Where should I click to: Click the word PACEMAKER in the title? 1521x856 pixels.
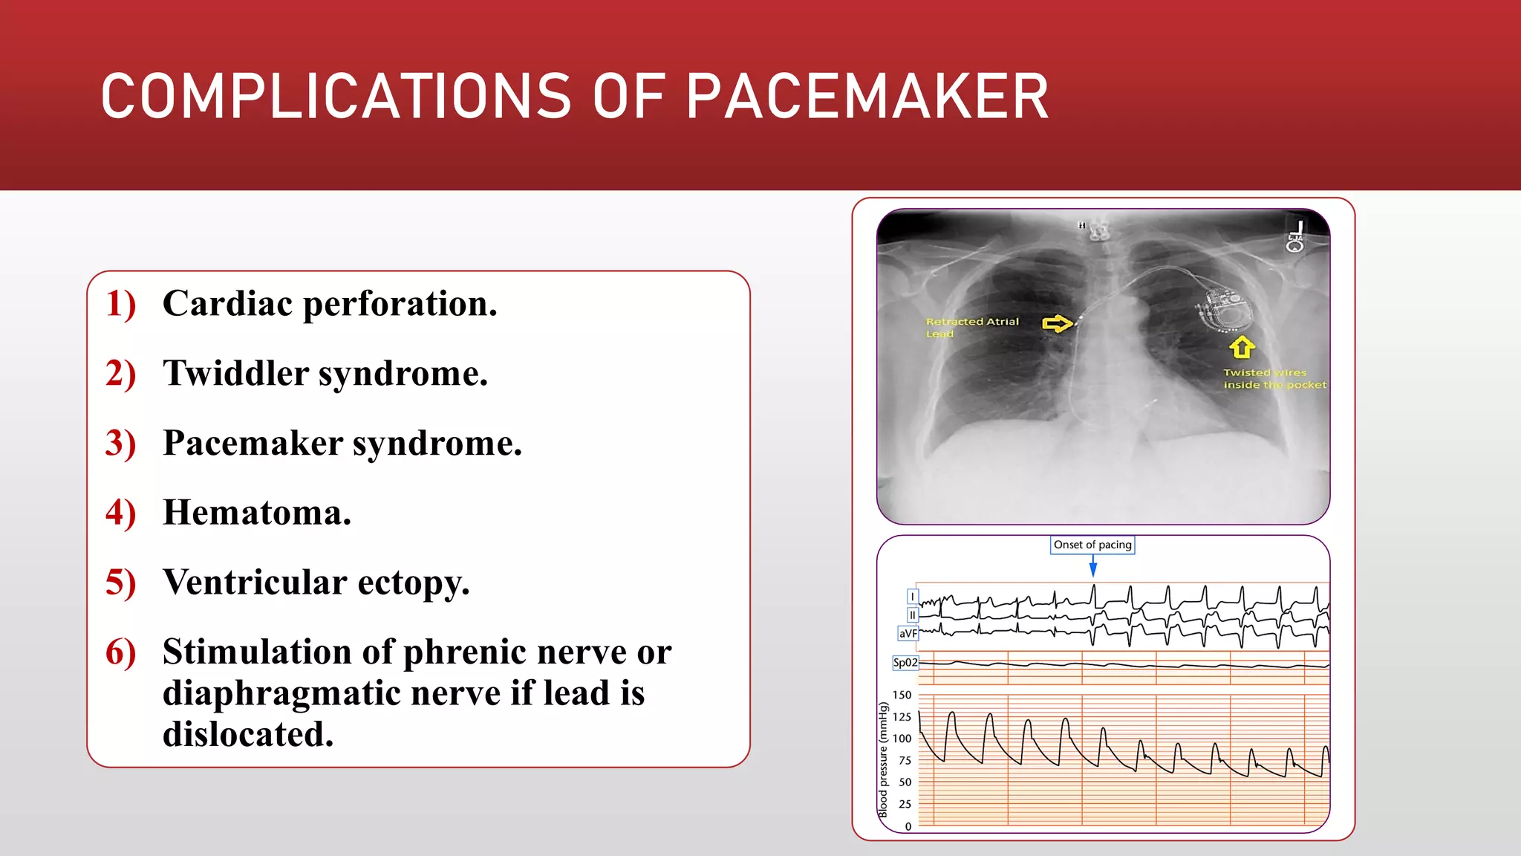pos(867,97)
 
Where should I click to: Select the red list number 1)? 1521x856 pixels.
pos(121,304)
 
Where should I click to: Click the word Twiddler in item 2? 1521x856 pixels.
pos(235,373)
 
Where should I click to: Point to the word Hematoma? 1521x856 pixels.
pos(256,513)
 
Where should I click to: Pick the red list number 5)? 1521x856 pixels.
pos(121,583)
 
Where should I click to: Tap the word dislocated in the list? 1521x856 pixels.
pos(248,734)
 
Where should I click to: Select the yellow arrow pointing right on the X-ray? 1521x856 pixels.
pos(1058,323)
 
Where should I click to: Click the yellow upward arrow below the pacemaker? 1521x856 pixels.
pos(1242,347)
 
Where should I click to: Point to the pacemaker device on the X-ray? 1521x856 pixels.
pos(1225,311)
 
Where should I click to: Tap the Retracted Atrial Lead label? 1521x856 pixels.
pos(971,327)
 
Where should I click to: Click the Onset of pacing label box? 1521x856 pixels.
pos(1092,545)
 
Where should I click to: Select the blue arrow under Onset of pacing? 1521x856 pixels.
pos(1093,568)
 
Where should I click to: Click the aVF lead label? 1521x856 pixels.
pos(908,634)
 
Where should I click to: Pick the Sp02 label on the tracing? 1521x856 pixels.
pos(905,663)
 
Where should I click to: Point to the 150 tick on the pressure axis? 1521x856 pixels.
pos(902,695)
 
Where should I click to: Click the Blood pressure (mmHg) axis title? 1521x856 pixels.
pos(883,760)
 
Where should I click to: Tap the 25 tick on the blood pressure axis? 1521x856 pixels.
pos(905,804)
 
